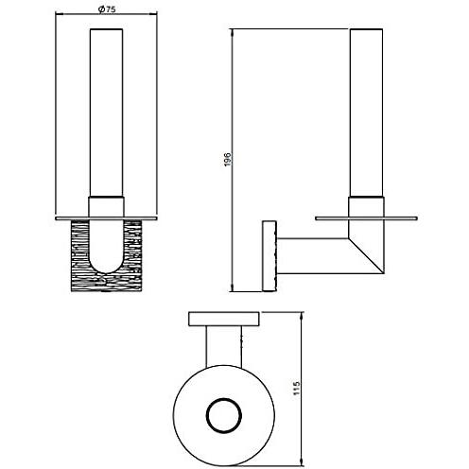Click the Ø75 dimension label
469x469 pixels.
[x=107, y=9]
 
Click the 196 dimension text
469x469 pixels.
[x=228, y=160]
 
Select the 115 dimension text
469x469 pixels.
[x=296, y=389]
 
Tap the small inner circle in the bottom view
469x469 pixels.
[x=224, y=414]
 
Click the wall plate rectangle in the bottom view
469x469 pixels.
[x=224, y=319]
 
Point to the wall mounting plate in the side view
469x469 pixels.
[x=269, y=256]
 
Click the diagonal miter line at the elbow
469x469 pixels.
[x=366, y=255]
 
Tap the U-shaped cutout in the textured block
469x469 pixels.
[x=107, y=246]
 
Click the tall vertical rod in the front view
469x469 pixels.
[x=106, y=113]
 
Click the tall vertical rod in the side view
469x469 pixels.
[x=366, y=113]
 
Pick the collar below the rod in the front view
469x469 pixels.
[x=106, y=207]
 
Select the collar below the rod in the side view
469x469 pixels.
[x=366, y=207]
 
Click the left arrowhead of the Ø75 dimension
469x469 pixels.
[x=59, y=13]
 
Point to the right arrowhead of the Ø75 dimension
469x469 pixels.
[x=153, y=13]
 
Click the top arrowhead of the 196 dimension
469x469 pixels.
[x=233, y=32]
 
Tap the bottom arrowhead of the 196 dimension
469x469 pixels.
[x=233, y=288]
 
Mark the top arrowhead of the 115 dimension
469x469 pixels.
[x=302, y=315]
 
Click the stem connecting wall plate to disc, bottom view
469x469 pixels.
[x=224, y=346]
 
